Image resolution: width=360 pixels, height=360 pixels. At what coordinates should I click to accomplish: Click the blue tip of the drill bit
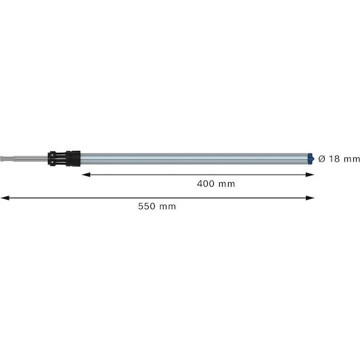[311, 158]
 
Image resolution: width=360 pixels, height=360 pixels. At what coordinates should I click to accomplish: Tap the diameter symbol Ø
[322, 158]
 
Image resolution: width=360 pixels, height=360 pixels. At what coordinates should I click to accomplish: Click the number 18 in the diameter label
[335, 158]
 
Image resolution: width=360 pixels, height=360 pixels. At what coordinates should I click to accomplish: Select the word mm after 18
[352, 159]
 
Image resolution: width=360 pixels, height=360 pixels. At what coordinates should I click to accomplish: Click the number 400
[206, 183]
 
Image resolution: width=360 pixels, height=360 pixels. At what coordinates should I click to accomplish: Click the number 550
[147, 206]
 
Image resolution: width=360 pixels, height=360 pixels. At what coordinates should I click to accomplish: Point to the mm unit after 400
[227, 184]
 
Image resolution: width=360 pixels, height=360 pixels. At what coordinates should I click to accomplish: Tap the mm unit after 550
[168, 207]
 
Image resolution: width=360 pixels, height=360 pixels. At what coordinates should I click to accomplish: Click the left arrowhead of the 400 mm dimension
[86, 175]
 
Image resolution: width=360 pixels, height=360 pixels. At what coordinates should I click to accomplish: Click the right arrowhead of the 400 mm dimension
[310, 175]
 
